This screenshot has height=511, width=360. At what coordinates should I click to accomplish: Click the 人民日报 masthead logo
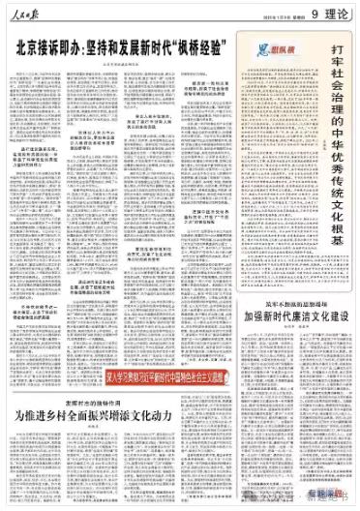pos(28,13)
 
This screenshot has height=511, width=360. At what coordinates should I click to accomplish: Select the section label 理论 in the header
pos(338,13)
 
